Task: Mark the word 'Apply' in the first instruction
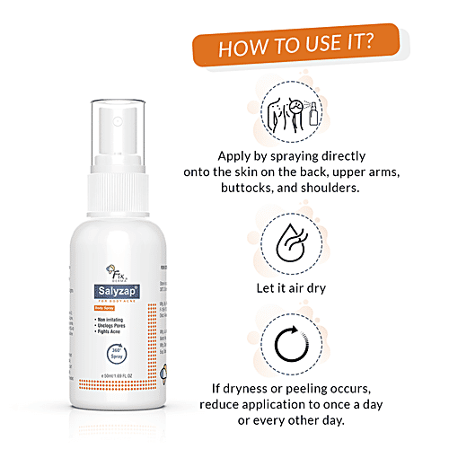pos(236,154)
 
